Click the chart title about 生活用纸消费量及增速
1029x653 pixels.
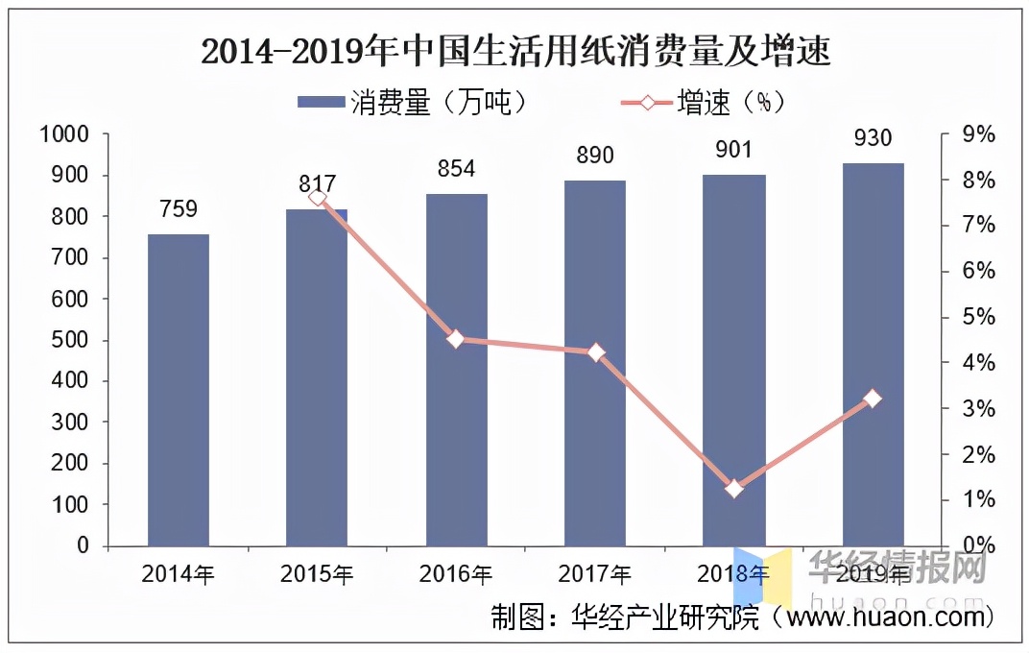point(515,51)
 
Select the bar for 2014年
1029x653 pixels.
point(178,389)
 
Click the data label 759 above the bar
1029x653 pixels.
point(178,208)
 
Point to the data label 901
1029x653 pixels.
point(733,150)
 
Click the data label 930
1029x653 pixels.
point(873,138)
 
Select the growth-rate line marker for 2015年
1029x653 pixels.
point(318,198)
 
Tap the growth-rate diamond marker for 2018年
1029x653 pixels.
point(734,489)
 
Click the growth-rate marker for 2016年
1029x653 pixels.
point(456,338)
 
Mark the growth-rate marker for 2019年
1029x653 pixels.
point(873,399)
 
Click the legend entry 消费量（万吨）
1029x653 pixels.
point(413,103)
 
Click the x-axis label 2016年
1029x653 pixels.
point(456,575)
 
